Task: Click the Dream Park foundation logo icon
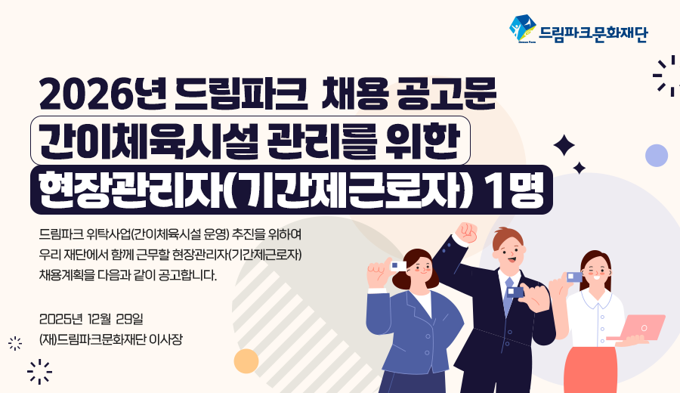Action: tap(523, 29)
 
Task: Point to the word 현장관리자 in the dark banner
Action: tap(131, 190)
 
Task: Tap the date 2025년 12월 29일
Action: tap(91, 319)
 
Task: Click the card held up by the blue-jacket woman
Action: tap(398, 266)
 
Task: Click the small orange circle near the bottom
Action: tap(246, 361)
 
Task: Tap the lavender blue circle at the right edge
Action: tap(657, 155)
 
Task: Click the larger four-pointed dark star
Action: tap(564, 145)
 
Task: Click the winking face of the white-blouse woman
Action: tap(595, 272)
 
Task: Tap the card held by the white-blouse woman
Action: tap(574, 277)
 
